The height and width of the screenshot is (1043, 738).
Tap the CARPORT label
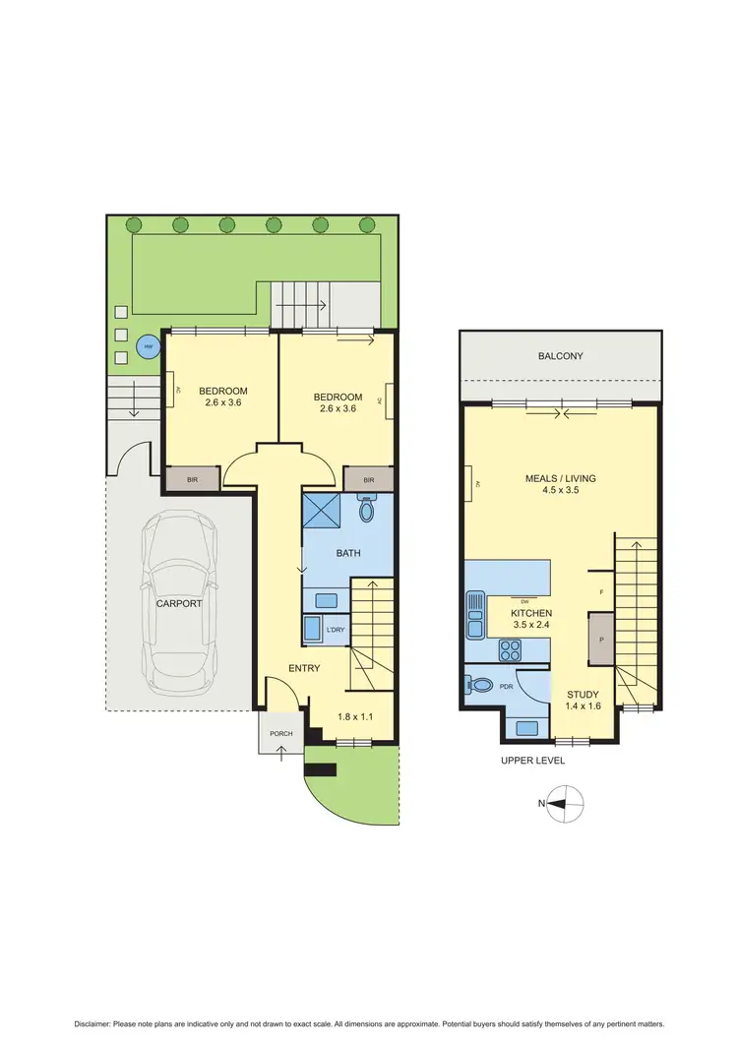(x=179, y=603)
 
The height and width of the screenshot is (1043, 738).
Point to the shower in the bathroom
(x=321, y=512)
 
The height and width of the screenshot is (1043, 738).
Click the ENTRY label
(x=304, y=668)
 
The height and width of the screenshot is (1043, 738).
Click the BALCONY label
(x=561, y=356)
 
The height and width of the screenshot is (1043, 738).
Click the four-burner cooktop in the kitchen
(x=512, y=648)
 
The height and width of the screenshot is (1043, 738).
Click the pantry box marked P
(x=601, y=638)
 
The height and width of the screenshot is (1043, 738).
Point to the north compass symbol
(x=562, y=803)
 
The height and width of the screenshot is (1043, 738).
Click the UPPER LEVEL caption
(x=532, y=761)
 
